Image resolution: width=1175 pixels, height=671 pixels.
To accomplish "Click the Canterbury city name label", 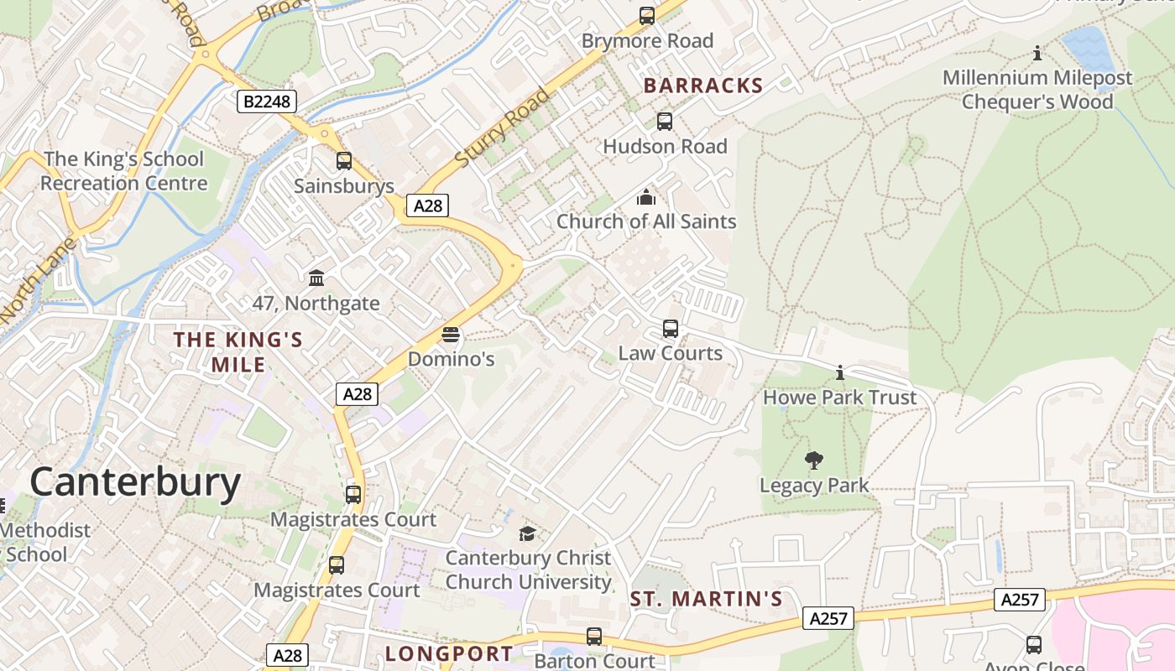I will point(135,483).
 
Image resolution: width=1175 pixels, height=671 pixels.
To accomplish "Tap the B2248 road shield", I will point(267,102).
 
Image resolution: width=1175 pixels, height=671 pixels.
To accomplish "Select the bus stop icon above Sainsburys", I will point(344,161).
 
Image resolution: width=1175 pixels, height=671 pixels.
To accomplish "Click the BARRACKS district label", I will point(703,86).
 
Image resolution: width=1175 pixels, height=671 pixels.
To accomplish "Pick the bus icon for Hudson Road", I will point(665,122).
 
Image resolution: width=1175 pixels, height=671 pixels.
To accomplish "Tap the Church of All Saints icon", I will point(646,198).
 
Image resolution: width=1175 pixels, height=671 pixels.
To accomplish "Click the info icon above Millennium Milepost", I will point(1037,54).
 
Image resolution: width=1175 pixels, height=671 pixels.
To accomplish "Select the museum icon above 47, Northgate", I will point(316,278).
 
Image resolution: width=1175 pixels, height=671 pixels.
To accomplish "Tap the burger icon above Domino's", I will point(451,335).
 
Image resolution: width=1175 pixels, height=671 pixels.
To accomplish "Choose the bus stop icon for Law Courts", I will point(670,329).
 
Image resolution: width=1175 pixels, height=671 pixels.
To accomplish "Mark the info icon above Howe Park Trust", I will point(839,372).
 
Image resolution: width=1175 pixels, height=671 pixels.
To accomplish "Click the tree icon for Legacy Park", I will point(813,460).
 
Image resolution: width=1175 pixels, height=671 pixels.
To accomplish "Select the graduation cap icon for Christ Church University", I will point(527,533).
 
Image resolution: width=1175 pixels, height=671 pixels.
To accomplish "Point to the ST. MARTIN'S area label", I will point(706,599).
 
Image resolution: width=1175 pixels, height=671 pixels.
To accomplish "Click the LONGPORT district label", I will point(449,653).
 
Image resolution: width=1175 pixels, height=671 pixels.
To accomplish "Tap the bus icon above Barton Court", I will point(594,637).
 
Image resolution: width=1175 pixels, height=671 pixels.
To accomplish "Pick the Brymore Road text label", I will point(647,41).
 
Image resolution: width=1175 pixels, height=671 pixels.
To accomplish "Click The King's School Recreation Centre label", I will point(123,171).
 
